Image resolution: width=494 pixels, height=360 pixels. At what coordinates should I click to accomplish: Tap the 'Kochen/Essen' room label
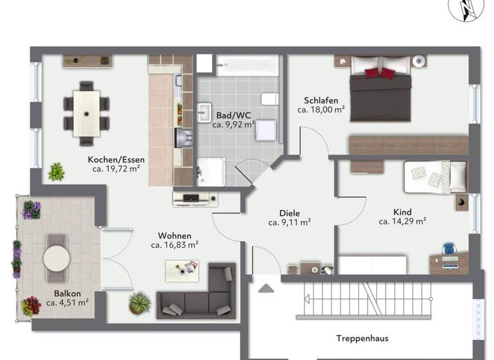(116, 159)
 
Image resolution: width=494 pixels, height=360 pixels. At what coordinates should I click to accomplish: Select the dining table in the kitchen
(86, 112)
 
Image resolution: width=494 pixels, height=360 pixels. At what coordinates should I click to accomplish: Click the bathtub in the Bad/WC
(248, 66)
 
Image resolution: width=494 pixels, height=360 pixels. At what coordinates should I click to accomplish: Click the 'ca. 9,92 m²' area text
(234, 125)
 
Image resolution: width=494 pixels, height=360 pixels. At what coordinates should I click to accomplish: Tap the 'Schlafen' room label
(321, 100)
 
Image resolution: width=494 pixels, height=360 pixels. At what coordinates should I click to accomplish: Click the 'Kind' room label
(403, 212)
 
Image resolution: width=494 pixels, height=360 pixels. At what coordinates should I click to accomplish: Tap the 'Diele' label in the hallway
(289, 213)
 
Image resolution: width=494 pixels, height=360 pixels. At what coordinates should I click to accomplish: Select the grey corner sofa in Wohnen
(196, 296)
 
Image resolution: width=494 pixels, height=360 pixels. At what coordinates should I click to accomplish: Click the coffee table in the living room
(182, 271)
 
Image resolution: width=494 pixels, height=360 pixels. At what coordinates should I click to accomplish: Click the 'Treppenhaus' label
(362, 337)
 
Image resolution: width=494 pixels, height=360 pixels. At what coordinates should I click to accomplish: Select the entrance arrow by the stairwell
(266, 289)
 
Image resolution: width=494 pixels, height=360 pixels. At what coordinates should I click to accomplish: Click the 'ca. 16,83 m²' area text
(174, 245)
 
